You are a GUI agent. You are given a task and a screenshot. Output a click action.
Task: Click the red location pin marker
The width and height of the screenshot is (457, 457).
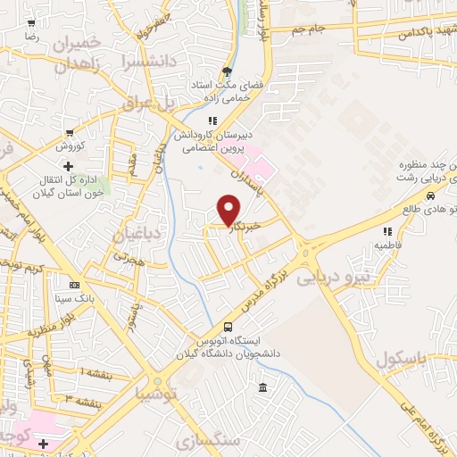click(x=230, y=209)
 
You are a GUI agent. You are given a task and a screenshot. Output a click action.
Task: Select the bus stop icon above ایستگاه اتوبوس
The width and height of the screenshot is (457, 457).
click(x=228, y=327)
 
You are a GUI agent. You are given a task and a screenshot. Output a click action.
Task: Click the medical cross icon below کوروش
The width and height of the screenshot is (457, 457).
click(x=68, y=165)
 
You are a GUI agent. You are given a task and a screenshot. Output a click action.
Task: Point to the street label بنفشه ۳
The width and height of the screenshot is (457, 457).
click(x=85, y=396)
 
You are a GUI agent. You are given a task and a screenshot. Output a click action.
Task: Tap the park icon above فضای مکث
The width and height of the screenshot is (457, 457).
click(x=228, y=71)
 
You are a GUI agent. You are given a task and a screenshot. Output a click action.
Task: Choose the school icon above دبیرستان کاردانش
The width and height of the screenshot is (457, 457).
click(x=212, y=120)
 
